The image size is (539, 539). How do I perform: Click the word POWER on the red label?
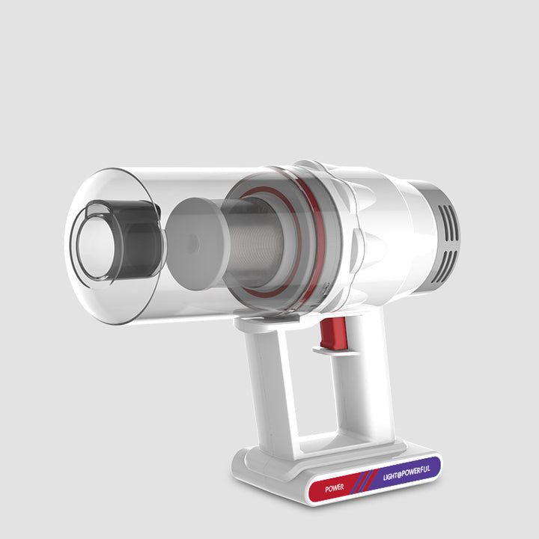click(x=335, y=487)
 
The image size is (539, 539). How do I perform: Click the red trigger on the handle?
click(x=333, y=332)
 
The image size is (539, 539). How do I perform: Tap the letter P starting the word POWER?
click(x=327, y=489)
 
